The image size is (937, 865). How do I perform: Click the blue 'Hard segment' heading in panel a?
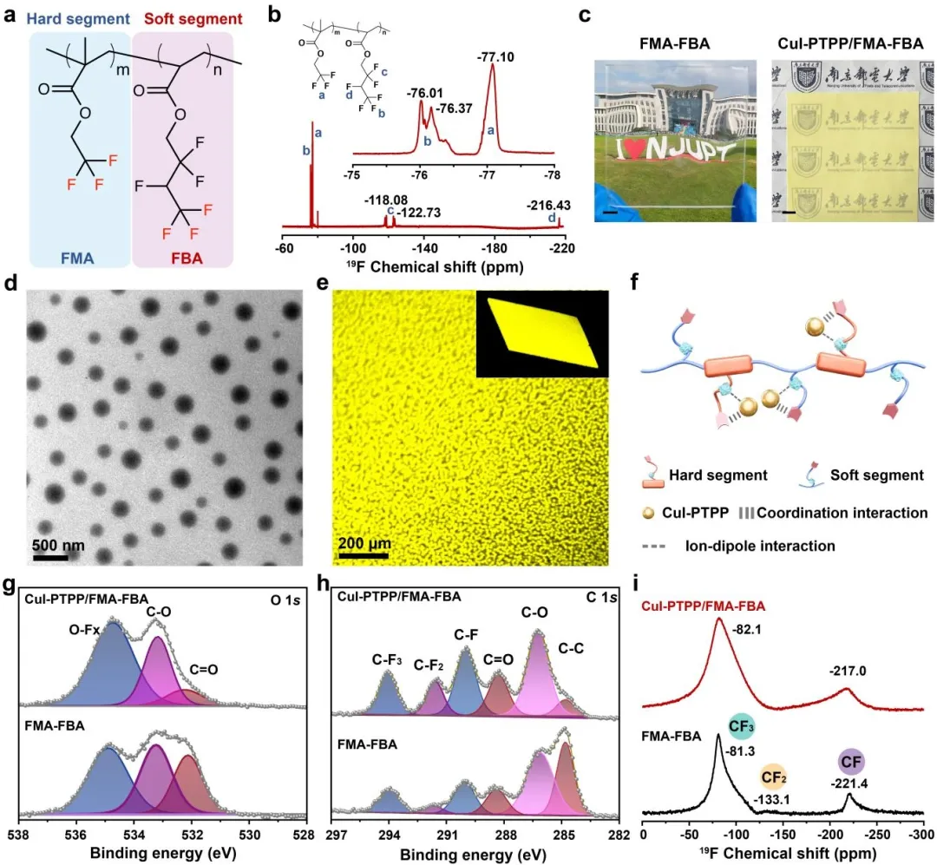(x=78, y=19)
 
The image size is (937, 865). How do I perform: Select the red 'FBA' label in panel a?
(x=187, y=259)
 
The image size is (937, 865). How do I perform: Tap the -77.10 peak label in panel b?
(x=495, y=57)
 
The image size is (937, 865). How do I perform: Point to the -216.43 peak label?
(x=548, y=205)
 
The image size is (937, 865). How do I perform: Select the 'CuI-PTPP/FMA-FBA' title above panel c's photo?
(x=850, y=43)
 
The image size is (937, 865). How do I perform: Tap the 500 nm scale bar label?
(x=58, y=545)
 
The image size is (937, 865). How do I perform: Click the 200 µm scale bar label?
(x=364, y=543)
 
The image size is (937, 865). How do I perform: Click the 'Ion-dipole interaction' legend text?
(x=760, y=546)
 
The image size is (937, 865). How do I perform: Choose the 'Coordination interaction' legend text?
(x=842, y=513)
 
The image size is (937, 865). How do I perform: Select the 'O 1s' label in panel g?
(x=285, y=600)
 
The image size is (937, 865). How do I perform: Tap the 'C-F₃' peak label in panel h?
(x=387, y=659)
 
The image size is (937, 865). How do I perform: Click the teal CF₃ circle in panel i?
(x=741, y=727)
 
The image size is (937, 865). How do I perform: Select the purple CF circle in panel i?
(x=851, y=762)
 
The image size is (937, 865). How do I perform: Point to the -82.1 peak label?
(x=746, y=630)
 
